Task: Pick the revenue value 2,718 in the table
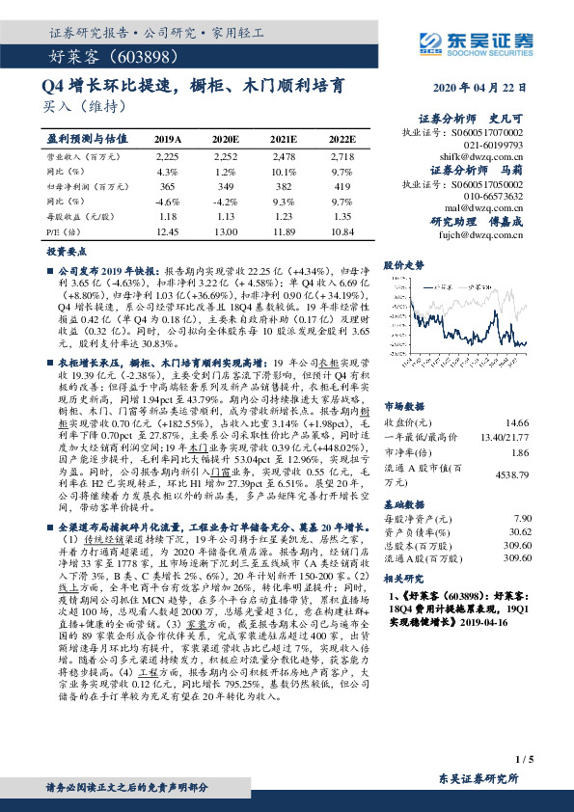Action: click(x=342, y=154)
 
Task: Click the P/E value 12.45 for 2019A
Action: click(x=168, y=232)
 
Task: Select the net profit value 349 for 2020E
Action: click(x=224, y=185)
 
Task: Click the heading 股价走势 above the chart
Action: click(x=403, y=263)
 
